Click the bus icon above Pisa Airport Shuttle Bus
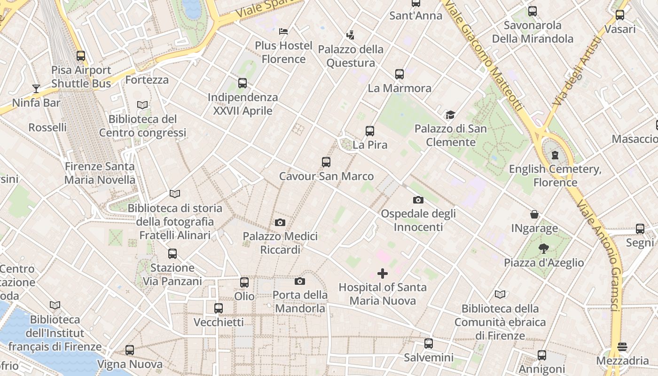(81, 56)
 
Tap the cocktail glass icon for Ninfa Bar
(36, 88)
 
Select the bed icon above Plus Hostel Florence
(283, 31)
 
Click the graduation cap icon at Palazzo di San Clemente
(450, 115)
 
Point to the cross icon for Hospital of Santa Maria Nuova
(383, 273)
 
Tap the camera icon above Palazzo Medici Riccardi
(280, 222)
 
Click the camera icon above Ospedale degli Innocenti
(418, 200)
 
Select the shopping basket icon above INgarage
(534, 215)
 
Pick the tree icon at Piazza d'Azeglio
(544, 249)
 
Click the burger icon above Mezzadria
(623, 347)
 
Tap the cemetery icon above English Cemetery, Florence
(555, 155)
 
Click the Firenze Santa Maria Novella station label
(100, 173)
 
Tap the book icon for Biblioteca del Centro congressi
(142, 105)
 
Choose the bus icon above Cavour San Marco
(326, 162)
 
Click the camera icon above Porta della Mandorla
(300, 282)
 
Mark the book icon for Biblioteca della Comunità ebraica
(500, 295)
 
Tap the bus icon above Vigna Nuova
(130, 350)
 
